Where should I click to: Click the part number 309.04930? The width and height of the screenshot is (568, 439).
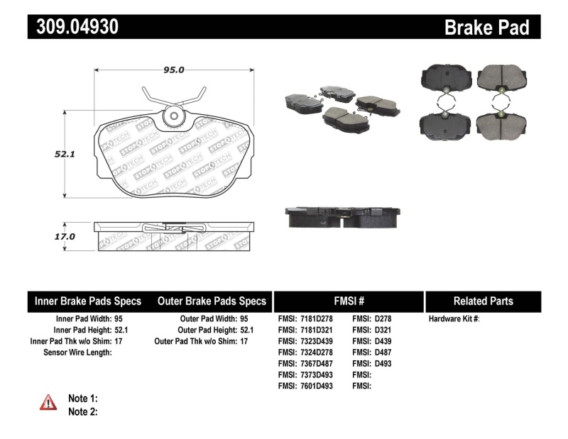(73, 27)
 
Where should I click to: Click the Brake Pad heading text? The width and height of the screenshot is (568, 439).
(487, 28)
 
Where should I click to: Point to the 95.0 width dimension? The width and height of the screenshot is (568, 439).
(174, 70)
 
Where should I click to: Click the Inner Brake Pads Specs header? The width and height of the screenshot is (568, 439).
(88, 301)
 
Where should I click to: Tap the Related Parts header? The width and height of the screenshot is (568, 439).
(483, 301)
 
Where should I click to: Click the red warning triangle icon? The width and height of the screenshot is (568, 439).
(48, 402)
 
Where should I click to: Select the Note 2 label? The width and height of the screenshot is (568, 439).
(83, 411)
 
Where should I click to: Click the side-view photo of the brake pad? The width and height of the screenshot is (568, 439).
(343, 217)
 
